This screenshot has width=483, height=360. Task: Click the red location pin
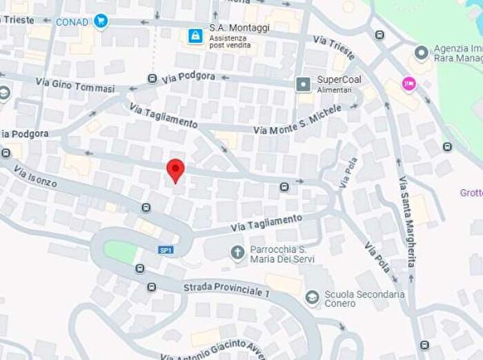click(176, 169)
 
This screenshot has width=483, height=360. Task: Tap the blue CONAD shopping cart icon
click(102, 21)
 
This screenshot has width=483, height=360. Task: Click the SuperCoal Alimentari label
click(339, 84)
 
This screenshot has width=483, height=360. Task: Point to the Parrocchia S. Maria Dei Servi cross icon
click(237, 253)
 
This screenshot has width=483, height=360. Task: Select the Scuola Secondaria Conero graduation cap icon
click(312, 297)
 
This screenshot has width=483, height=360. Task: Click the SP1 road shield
click(165, 250)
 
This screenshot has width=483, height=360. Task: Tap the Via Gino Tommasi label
click(75, 86)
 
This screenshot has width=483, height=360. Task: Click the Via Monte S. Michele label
click(297, 120)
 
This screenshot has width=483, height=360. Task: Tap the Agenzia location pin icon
click(422, 52)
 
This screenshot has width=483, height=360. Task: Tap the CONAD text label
click(72, 22)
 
